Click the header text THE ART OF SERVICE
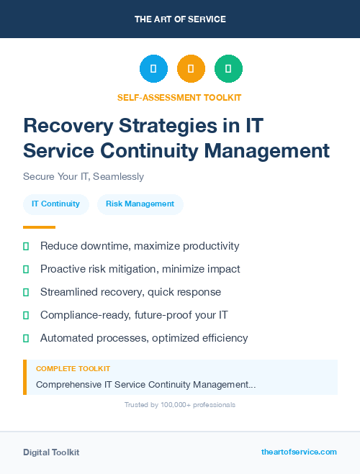180,19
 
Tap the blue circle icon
153,69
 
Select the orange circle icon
191,69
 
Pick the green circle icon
228,69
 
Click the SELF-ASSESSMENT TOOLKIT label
180,97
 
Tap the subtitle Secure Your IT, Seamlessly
84,176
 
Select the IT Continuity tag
55,204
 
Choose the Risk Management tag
140,204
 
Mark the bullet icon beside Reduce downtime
26,246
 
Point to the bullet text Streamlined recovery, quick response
130,292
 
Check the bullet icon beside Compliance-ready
26,315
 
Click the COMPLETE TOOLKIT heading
73,369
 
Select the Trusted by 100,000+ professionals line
180,405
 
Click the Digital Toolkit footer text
51,452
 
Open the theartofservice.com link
299,452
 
